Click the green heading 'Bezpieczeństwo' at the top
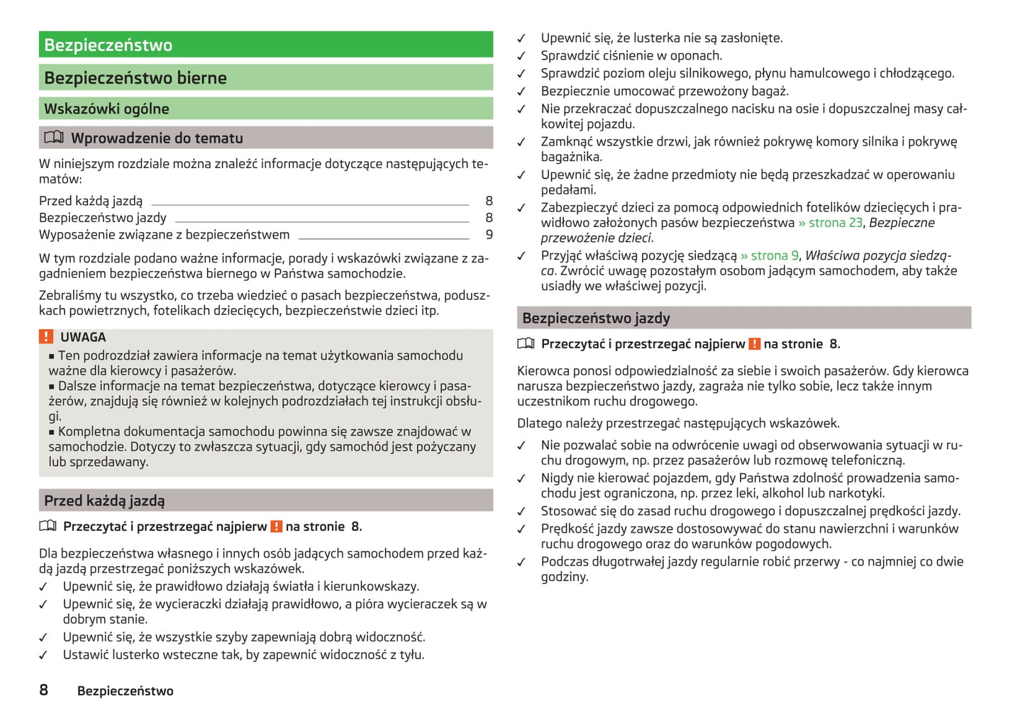[109, 45]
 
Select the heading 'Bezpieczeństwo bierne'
[135, 78]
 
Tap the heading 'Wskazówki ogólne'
[106, 109]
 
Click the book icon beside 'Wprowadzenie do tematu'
[54, 138]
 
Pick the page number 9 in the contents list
[489, 235]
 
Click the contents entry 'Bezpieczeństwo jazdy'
[103, 218]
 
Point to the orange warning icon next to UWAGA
[46, 337]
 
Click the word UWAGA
[83, 337]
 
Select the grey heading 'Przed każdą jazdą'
[104, 500]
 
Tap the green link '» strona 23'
[830, 223]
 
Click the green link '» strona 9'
[769, 255]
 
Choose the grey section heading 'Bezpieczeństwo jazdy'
[596, 318]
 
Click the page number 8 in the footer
[44, 690]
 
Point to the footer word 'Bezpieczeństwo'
[125, 691]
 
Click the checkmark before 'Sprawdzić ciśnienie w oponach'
[521, 56]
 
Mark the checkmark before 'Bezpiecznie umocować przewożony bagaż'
[521, 92]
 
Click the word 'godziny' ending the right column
[564, 577]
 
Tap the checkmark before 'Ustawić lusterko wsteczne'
[43, 656]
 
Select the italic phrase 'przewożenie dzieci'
[596, 238]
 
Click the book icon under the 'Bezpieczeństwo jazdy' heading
[526, 343]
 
